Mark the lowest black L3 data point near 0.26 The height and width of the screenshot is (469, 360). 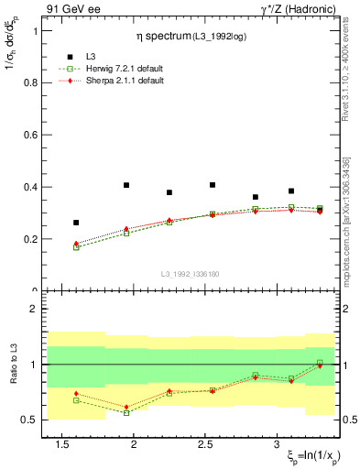tap(76, 223)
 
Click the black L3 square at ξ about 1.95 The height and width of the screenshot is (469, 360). tap(126, 185)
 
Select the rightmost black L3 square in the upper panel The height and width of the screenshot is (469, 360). tap(291, 191)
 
